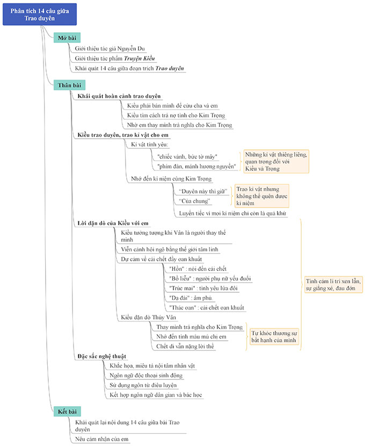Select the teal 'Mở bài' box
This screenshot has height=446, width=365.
click(67, 38)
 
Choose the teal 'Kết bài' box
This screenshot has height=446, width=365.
click(68, 412)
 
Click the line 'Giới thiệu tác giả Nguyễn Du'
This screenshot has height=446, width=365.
click(109, 48)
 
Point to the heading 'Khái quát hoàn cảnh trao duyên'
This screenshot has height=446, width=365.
click(119, 96)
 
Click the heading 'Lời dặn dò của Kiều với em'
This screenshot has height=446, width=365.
click(112, 222)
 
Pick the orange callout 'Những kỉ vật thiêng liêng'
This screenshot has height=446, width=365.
click(276, 161)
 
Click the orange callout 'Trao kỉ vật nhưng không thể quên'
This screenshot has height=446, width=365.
click(261, 196)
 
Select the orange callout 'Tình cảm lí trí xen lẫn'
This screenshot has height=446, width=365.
click(333, 284)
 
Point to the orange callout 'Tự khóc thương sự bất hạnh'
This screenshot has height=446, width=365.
click(274, 336)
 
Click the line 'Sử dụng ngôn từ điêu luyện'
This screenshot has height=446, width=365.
click(143, 385)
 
